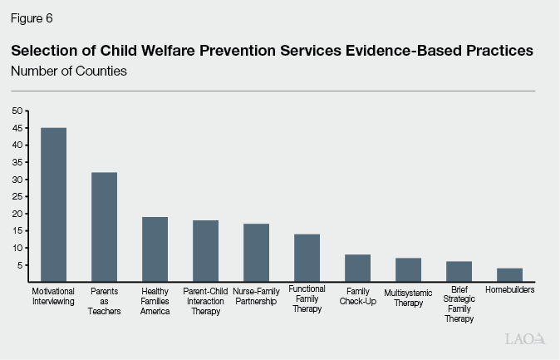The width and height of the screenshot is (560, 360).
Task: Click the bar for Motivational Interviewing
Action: [x=54, y=205]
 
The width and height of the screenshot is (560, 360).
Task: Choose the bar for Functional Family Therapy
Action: [x=307, y=259]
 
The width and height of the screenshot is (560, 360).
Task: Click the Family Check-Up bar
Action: [x=357, y=269]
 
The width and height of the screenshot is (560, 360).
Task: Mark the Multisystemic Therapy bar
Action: [x=408, y=270]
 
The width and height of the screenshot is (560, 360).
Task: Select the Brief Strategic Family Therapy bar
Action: [x=459, y=272]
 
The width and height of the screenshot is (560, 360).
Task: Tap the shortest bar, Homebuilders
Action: [x=509, y=275]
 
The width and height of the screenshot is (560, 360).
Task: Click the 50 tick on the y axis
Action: [x=17, y=111]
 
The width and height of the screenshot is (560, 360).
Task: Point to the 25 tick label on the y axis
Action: [x=17, y=197]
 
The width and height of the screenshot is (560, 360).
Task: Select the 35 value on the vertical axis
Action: [x=17, y=162]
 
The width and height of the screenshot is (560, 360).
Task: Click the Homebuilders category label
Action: [x=509, y=291]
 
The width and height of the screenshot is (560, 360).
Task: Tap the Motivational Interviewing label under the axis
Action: [x=54, y=296]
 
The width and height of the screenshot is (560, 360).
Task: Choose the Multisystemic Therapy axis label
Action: [x=408, y=298]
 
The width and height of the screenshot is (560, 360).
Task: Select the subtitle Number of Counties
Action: [x=68, y=71]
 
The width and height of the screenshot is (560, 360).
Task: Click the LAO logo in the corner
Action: [x=523, y=339]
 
